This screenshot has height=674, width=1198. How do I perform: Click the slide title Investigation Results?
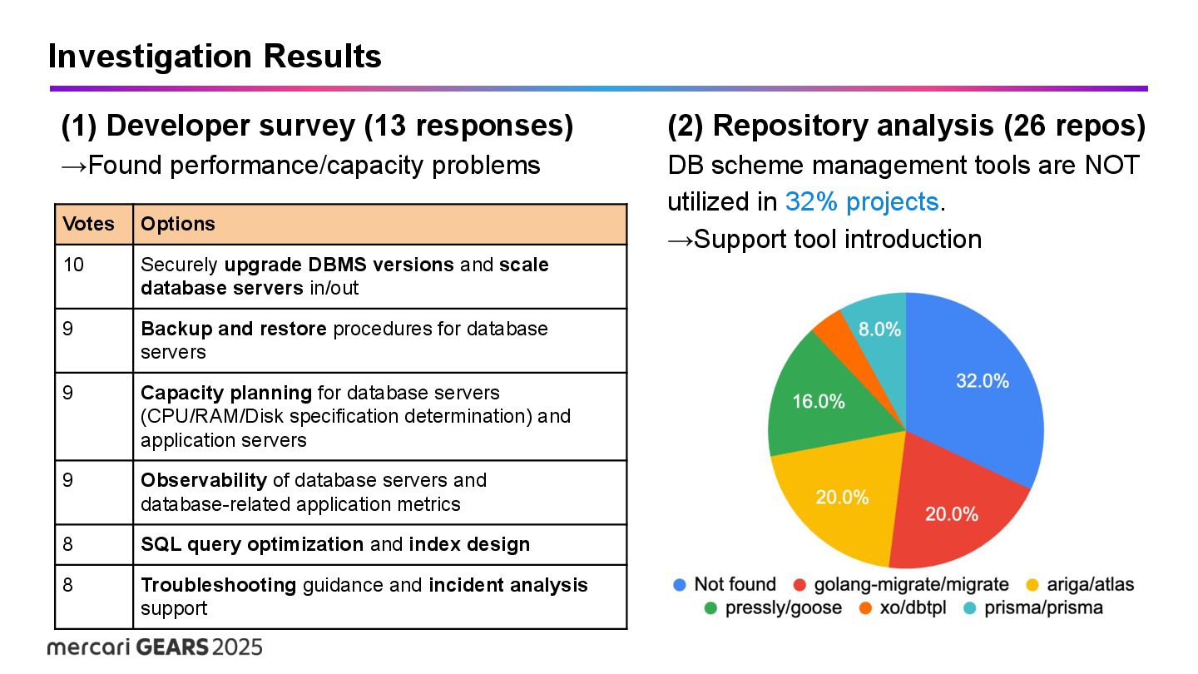pyautogui.click(x=215, y=57)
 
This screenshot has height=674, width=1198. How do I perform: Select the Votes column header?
pyautogui.click(x=89, y=224)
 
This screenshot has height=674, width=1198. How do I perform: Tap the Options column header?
pyautogui.click(x=178, y=224)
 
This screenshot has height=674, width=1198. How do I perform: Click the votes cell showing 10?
pyautogui.click(x=73, y=265)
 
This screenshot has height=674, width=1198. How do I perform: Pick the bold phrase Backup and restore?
pyautogui.click(x=233, y=329)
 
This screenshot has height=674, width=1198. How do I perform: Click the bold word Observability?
pyautogui.click(x=204, y=480)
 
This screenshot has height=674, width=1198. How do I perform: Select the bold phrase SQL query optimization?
pyautogui.click(x=252, y=544)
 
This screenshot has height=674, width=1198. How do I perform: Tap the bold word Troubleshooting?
pyautogui.click(x=218, y=585)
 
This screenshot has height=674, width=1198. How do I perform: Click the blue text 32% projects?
pyautogui.click(x=861, y=201)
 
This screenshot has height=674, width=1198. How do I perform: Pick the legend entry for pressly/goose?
pyautogui.click(x=772, y=607)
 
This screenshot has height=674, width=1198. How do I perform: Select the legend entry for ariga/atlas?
pyautogui.click(x=1080, y=584)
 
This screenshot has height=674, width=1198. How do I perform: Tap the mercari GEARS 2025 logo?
pyautogui.click(x=155, y=647)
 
